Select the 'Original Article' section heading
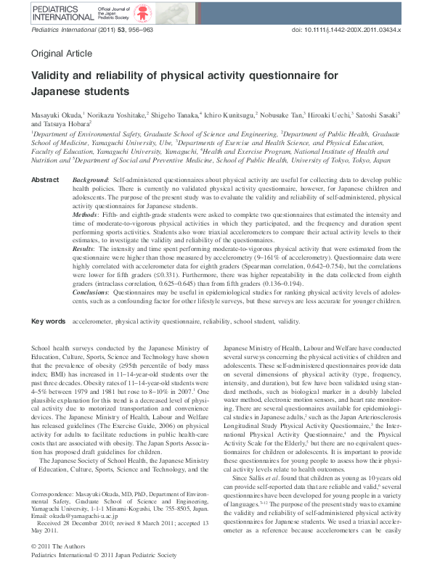(62, 54)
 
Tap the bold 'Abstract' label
(45, 179)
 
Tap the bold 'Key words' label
(47, 340)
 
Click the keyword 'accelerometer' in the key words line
(92, 340)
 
